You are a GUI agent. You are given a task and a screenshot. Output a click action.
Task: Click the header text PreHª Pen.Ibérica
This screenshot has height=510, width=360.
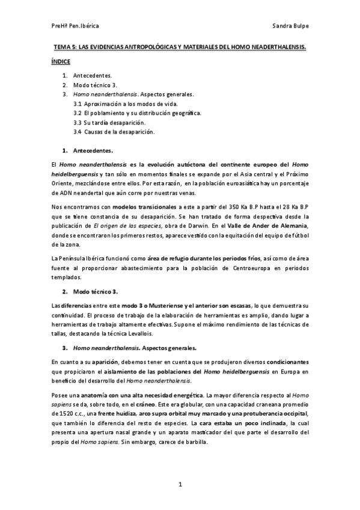75,27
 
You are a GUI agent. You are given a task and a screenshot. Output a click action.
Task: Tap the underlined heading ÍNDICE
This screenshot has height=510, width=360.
61,61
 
